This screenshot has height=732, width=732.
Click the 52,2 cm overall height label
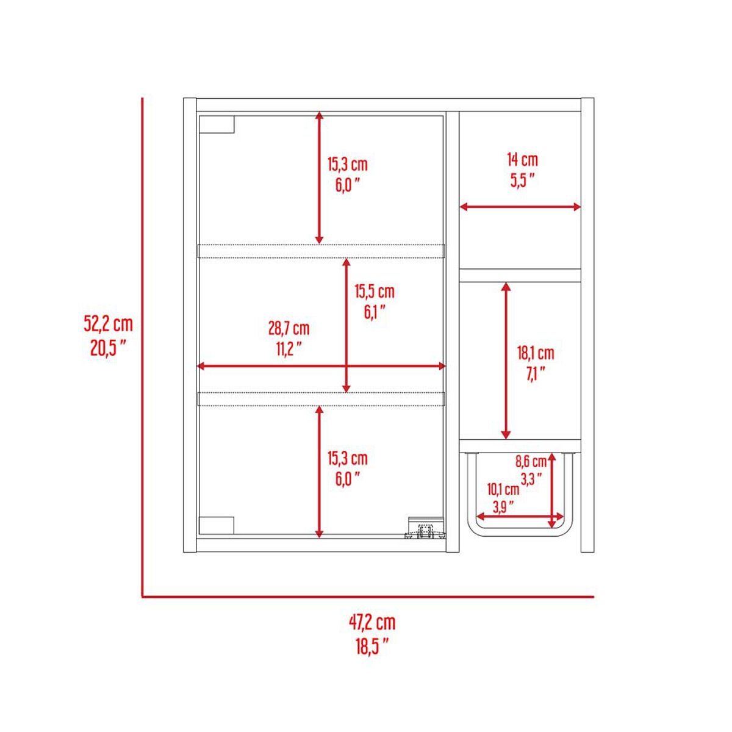pos(108,324)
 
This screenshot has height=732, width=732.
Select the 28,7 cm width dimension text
pos(289,329)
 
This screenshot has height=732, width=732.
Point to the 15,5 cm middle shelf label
pos(375,292)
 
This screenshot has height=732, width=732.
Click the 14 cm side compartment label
pos(523,160)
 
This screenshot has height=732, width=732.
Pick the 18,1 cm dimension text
pos(535,353)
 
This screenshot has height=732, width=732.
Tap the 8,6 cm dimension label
pos(531,462)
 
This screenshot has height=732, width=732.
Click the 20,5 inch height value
pos(108,348)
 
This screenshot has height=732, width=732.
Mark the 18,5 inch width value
pos(372,656)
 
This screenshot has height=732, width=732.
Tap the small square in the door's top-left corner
pos(217,124)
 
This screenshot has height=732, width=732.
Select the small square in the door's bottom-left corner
pos(217,526)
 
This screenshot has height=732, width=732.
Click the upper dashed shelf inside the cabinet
pos(321,251)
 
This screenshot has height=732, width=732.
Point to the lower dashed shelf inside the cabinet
pos(321,398)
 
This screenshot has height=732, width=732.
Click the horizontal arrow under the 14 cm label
pos(520,207)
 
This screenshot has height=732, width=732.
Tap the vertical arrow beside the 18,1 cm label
pos(506,361)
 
